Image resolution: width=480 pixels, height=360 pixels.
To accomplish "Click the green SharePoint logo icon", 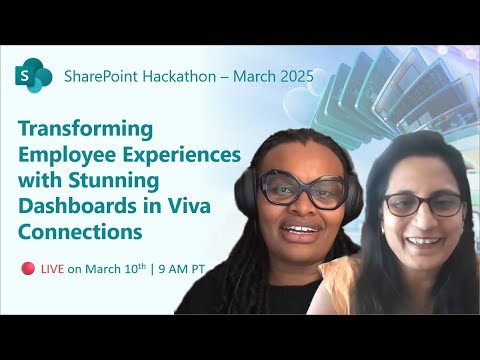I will (x=31, y=75).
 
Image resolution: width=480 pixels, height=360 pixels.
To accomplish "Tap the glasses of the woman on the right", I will (x=424, y=204).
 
